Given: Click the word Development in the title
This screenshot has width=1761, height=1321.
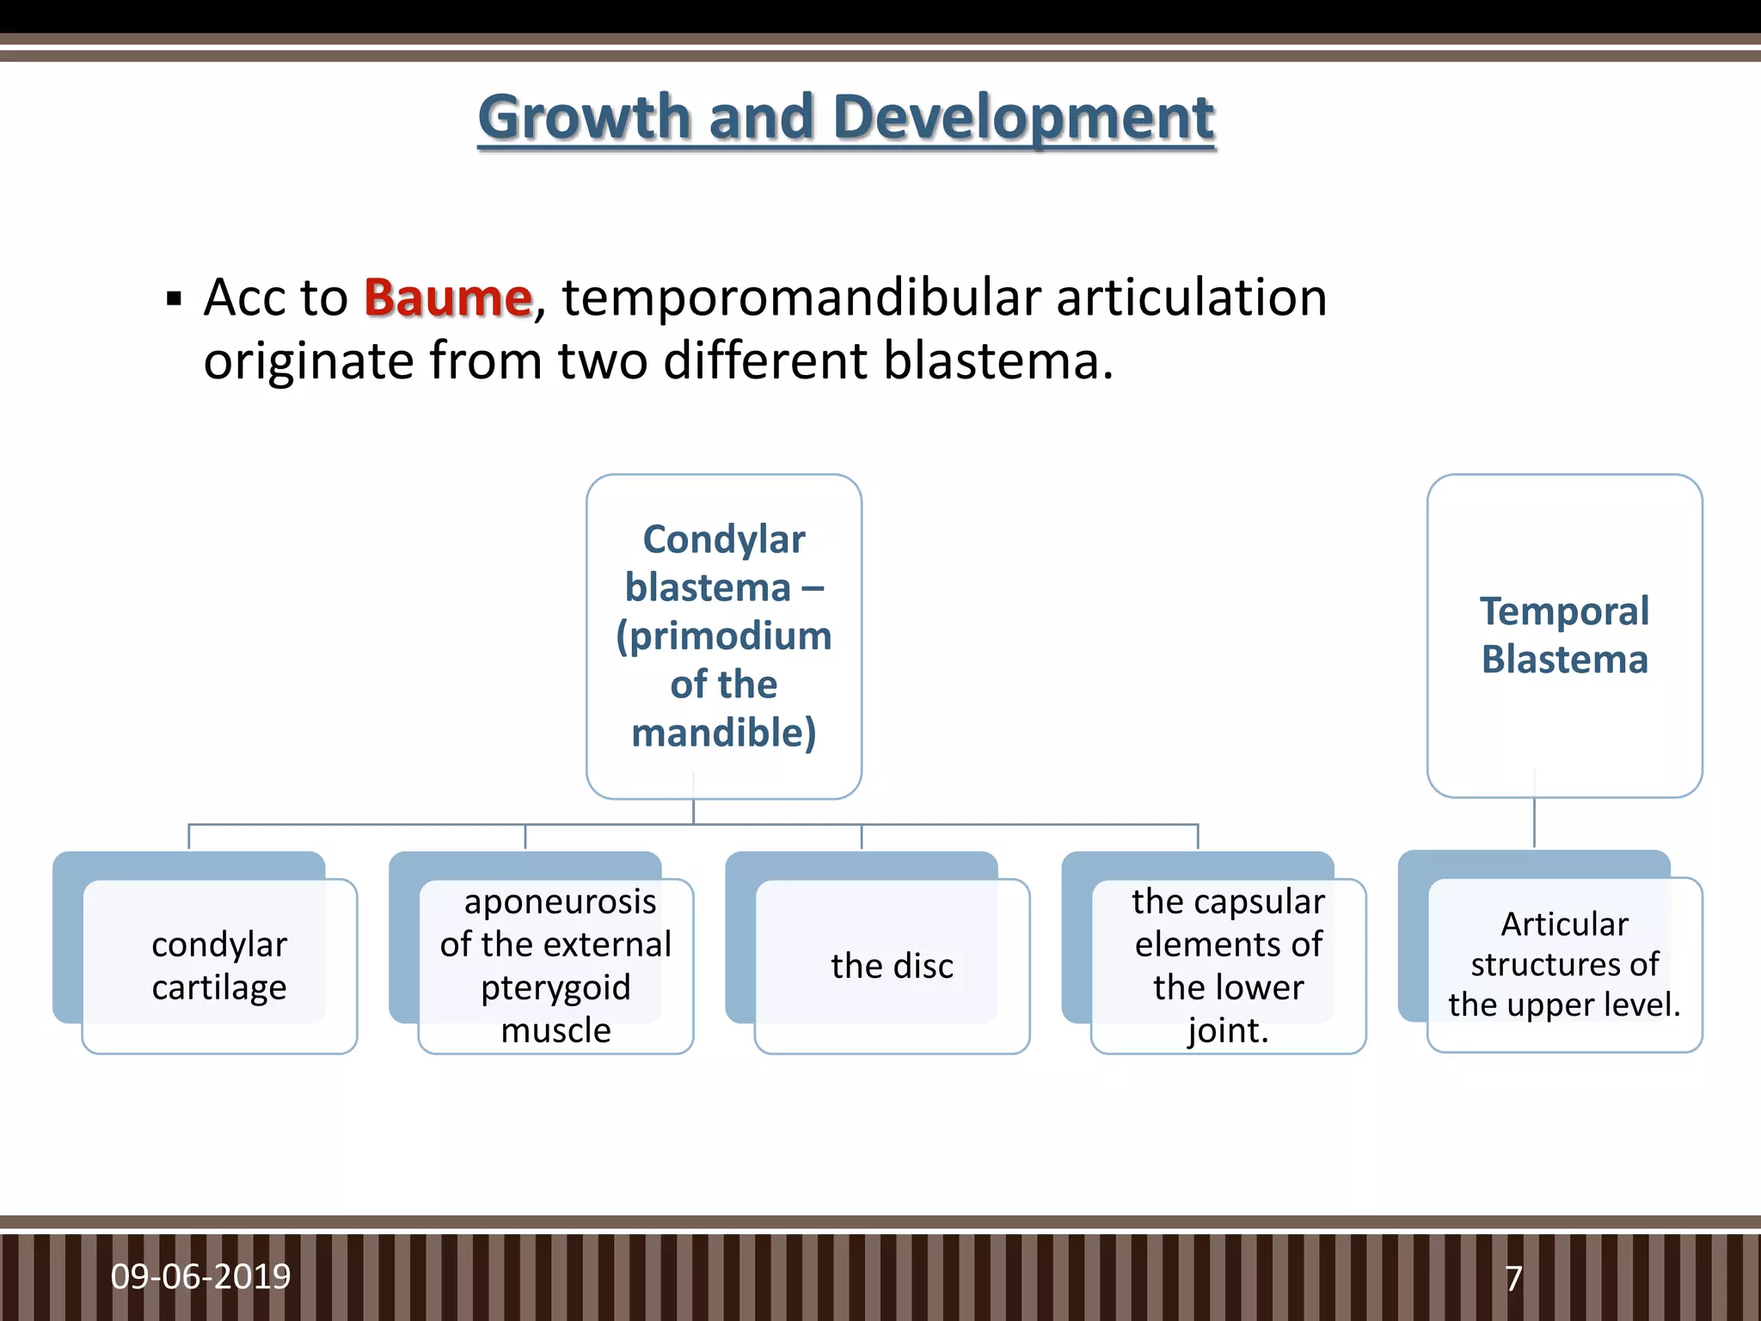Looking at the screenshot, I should (1023, 118).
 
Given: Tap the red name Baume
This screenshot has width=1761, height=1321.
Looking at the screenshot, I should (448, 298).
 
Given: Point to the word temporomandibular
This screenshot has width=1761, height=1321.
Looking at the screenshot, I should (801, 298).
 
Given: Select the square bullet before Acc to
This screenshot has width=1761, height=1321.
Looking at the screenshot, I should (175, 300).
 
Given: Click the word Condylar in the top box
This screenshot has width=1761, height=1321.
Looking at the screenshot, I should (724, 540).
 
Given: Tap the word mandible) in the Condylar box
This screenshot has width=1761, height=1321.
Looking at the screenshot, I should (724, 733).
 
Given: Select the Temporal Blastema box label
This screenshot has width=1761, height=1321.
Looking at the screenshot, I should (1564, 635).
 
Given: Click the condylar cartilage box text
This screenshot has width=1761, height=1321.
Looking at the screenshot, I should (219, 966).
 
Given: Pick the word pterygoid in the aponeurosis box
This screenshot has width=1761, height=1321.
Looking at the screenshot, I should (555, 986).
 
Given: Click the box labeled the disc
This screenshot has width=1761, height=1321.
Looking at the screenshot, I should (892, 966).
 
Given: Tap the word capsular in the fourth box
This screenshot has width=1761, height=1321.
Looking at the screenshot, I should (1259, 901).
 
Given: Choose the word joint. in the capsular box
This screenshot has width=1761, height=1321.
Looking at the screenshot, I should (1228, 1029).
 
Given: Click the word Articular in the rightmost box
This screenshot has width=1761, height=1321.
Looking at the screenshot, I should (1564, 924).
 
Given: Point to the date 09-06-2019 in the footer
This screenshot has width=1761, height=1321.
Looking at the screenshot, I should (200, 1276).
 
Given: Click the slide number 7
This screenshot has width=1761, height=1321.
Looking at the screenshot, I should (1513, 1278).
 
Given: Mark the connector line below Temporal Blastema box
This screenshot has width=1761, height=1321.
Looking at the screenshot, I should (1534, 823).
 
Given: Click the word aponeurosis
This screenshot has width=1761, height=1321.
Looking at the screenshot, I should (560, 901).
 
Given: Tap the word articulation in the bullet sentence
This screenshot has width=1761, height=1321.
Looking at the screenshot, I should (1191, 298).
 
